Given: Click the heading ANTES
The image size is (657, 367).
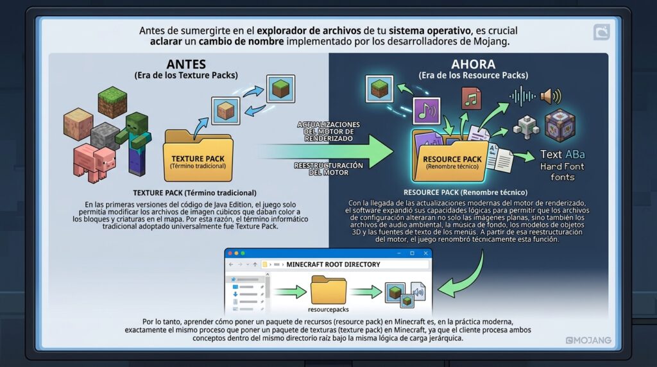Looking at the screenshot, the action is (186, 64).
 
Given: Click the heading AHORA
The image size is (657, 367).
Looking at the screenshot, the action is (473, 64).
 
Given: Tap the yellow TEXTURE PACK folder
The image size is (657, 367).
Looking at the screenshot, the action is (198, 155).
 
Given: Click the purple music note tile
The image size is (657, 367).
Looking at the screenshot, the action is (426, 110).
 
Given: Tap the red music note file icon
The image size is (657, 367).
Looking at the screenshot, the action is (471, 98).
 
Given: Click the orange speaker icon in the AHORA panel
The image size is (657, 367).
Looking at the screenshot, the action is (550, 96).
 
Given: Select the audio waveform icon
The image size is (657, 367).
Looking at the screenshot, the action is (522, 97).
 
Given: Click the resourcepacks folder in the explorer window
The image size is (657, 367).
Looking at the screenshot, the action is (328, 290).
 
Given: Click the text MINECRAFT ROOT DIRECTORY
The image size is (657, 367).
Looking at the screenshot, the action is (333, 264).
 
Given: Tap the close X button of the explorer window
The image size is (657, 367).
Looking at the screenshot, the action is (426, 253).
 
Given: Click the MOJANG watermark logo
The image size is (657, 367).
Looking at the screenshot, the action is (588, 340).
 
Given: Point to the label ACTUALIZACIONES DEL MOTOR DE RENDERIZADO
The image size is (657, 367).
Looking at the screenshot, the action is (328, 131).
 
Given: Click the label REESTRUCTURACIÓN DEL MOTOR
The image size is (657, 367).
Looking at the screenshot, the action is (328, 169).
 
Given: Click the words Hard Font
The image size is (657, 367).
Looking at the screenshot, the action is (562, 166).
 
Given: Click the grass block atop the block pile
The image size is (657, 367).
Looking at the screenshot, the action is (112, 102).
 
